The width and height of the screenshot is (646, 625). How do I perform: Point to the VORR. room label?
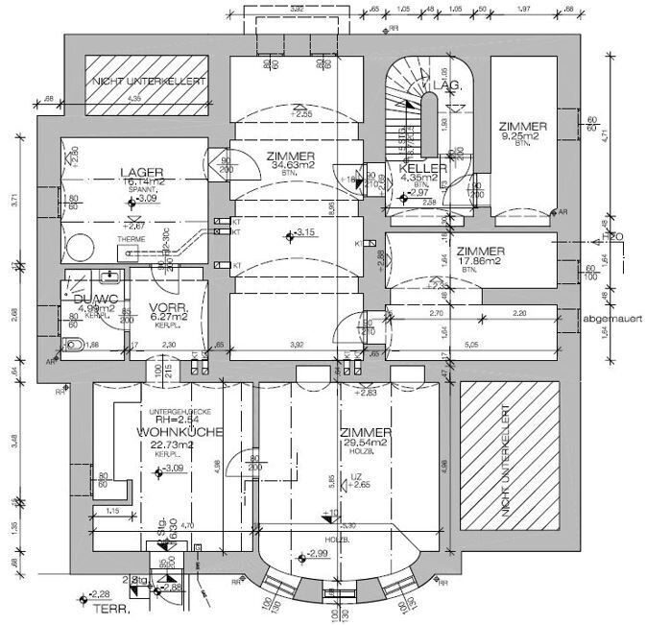click(167, 308)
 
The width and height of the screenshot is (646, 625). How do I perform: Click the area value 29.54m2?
click(365, 443)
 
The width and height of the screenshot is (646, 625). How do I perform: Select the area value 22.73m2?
click(172, 445)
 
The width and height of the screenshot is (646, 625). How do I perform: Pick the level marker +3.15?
click(304, 233)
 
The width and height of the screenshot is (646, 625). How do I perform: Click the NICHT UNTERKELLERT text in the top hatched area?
click(149, 83)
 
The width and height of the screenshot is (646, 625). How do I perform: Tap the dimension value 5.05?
click(471, 344)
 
